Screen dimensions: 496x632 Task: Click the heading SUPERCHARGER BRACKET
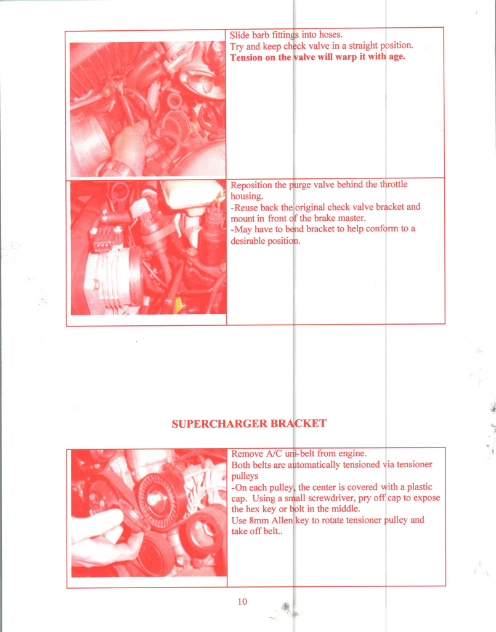click(249, 423)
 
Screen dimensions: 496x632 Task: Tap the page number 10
click(242, 601)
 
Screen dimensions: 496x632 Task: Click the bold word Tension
click(246, 57)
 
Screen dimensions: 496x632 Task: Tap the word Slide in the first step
click(239, 35)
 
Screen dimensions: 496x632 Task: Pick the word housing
click(246, 197)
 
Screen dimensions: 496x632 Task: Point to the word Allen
click(282, 520)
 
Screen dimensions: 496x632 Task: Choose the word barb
click(261, 35)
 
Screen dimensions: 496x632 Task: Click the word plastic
click(420, 487)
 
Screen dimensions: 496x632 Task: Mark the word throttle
click(394, 184)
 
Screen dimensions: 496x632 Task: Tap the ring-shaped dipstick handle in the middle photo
click(120, 193)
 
